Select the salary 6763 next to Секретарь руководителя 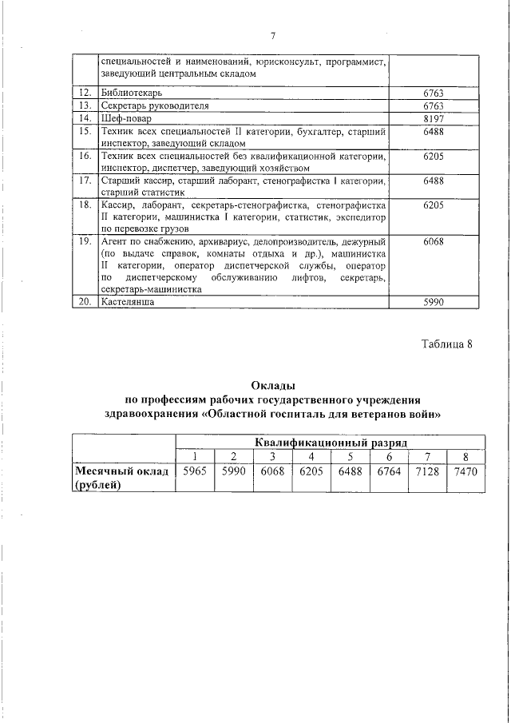point(432,105)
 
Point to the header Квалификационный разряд point(331,442)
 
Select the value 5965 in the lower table point(195,471)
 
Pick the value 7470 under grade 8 point(465,471)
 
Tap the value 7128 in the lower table point(427,471)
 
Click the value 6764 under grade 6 point(389,471)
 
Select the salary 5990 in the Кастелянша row point(432,303)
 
